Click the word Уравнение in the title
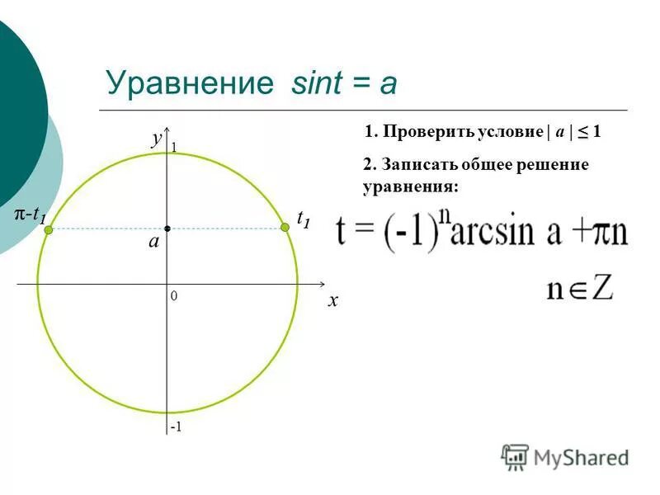click(x=189, y=83)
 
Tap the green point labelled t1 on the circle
click(x=285, y=228)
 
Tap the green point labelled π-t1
click(x=49, y=231)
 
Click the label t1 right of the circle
click(x=304, y=219)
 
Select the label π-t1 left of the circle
click(x=30, y=215)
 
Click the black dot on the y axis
click(x=167, y=228)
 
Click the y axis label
click(x=157, y=139)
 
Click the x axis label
click(x=332, y=301)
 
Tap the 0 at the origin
click(x=174, y=295)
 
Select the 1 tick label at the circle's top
click(x=174, y=147)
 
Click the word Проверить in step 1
click(x=421, y=132)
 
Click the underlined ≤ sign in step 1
click(x=582, y=132)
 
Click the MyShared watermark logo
click(x=565, y=456)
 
